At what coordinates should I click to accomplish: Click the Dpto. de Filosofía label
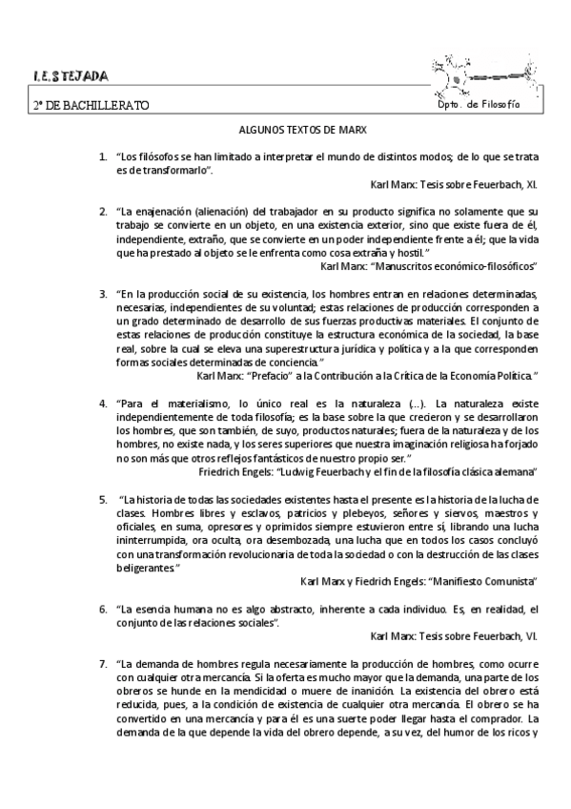pyautogui.click(x=479, y=103)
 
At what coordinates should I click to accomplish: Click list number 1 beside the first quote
pyautogui.click(x=102, y=156)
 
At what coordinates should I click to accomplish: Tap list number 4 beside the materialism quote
pyautogui.click(x=102, y=404)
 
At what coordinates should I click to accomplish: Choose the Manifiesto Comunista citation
pyautogui.click(x=418, y=580)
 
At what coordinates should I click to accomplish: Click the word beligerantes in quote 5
pyautogui.click(x=145, y=568)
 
